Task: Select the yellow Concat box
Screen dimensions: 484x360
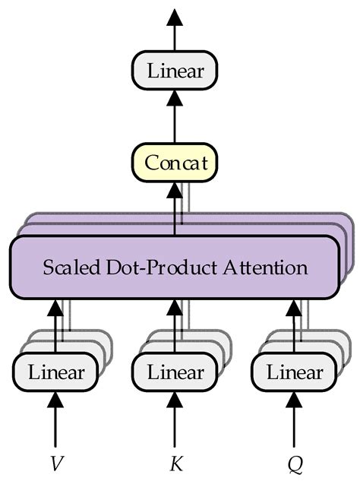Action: coord(175,163)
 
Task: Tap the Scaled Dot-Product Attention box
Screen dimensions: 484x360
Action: coord(175,267)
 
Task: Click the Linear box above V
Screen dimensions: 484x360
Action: coord(55,372)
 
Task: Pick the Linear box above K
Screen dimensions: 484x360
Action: coord(175,372)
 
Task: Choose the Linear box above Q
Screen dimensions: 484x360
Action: coord(295,372)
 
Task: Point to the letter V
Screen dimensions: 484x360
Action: coord(55,461)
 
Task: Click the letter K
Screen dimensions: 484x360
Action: coord(175,461)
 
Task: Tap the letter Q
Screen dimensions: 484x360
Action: coord(295,461)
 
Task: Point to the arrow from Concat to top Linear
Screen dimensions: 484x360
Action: coord(175,118)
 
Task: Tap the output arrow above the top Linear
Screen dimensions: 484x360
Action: coord(175,30)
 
